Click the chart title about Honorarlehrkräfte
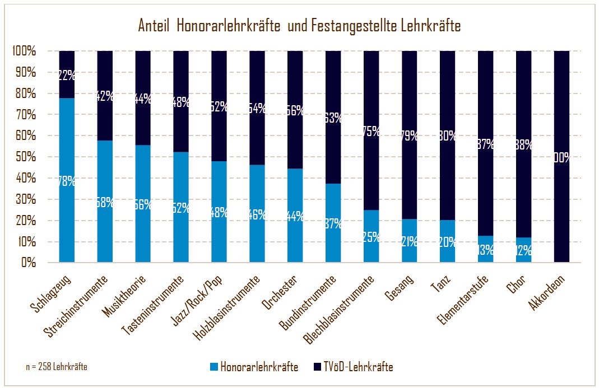click(299, 26)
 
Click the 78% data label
click(67, 181)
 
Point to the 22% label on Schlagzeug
click(67, 75)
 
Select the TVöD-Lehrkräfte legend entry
click(353, 367)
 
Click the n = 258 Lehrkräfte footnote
click(56, 367)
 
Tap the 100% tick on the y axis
click(24, 52)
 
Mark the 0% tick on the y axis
click(29, 263)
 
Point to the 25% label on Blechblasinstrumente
click(372, 237)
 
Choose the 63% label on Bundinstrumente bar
click(333, 118)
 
